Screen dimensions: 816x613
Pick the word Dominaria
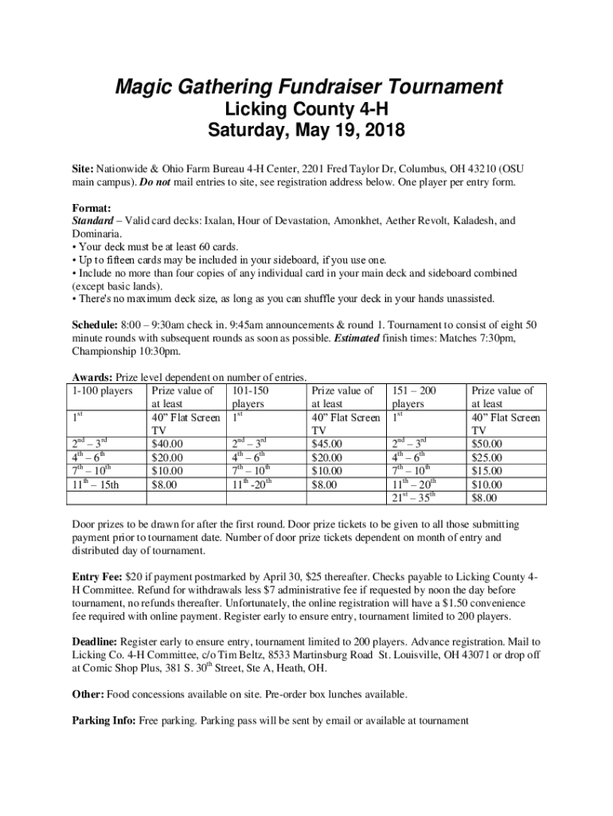click(x=97, y=234)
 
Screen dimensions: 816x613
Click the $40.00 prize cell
click(x=167, y=444)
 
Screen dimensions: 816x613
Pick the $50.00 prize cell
click(x=488, y=444)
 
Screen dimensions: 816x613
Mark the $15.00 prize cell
click(x=488, y=471)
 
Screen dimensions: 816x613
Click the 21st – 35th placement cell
click(x=416, y=498)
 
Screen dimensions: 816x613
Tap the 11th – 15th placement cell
click(x=95, y=484)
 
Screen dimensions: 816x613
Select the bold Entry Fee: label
click(x=96, y=577)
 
